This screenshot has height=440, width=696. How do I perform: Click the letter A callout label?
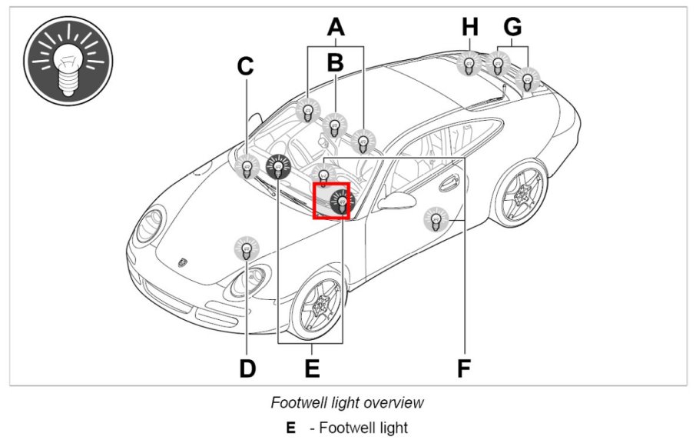(335, 28)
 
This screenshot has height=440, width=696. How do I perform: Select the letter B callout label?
(335, 63)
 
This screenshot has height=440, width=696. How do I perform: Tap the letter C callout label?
(245, 68)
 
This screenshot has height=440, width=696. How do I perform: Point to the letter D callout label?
(247, 368)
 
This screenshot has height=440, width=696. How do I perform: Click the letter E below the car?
(312, 368)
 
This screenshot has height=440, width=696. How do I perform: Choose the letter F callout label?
(463, 368)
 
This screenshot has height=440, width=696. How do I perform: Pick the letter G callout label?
(512, 28)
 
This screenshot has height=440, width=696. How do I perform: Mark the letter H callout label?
(470, 28)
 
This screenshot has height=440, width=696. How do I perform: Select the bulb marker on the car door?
(436, 221)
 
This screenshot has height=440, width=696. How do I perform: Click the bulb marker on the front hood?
(247, 248)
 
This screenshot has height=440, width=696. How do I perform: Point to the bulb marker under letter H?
(469, 63)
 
